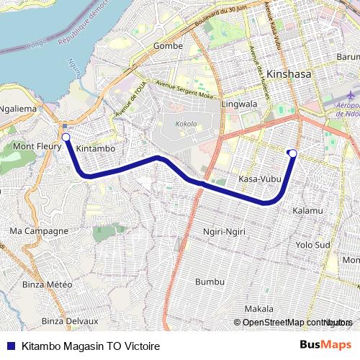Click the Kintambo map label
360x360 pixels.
[96, 149]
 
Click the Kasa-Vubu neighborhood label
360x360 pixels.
[258, 179]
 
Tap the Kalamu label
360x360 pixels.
[308, 211]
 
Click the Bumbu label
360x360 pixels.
[210, 281]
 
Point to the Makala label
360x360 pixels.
[258, 308]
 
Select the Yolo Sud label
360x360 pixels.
[312, 245]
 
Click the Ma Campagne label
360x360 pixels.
[39, 231]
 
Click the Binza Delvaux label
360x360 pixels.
[69, 321]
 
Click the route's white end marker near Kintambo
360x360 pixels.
[66, 137]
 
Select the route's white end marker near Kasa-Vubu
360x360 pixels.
[292, 152]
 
